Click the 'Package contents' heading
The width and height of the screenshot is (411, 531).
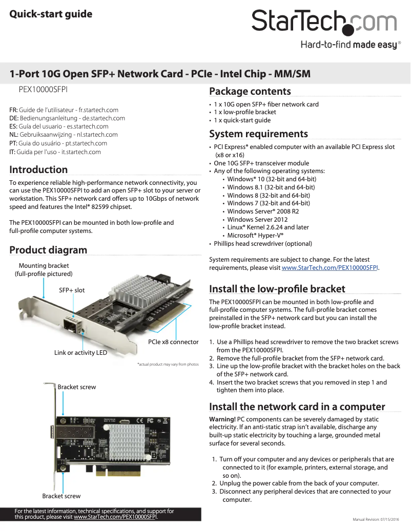tap(250, 92)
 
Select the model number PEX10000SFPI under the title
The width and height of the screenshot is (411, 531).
tap(43, 89)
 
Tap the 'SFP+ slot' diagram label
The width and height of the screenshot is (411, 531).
tap(72, 290)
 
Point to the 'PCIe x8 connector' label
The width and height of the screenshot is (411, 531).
tap(173, 342)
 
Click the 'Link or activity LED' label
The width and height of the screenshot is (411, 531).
tap(80, 353)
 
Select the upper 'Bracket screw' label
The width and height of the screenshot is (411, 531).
tap(76, 387)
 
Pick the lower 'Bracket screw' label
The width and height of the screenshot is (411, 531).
tap(61, 496)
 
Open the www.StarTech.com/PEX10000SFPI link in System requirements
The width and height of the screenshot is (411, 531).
tap(330, 268)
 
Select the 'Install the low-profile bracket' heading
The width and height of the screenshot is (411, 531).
tap(277, 289)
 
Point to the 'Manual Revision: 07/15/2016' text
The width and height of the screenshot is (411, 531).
tap(379, 520)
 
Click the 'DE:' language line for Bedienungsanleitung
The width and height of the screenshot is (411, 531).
tap(67, 118)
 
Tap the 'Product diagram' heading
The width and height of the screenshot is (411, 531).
tap(48, 250)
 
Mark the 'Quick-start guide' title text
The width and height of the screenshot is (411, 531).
tap(51, 14)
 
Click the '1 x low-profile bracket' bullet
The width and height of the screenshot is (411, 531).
tap(245, 112)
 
